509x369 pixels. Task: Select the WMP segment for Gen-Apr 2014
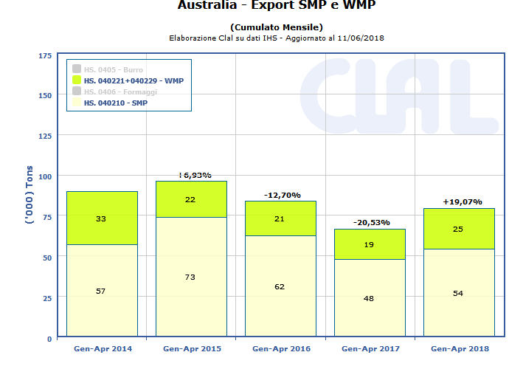point(102,218)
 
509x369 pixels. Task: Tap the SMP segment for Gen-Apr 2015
point(191,277)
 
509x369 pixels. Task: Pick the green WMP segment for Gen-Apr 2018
point(459,229)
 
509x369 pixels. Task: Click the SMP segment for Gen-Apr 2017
point(370,298)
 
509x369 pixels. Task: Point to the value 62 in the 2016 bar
point(280,286)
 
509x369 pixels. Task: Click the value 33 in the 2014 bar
point(102,218)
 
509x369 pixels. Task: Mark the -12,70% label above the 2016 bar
point(280,195)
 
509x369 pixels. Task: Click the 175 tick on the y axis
point(44,55)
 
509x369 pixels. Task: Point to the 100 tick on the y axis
point(44,176)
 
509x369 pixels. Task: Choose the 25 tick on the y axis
point(46,298)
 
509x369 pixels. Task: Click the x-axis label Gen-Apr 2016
point(280,348)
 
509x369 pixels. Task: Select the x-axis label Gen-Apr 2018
point(459,348)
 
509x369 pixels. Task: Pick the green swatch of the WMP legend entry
point(77,80)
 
